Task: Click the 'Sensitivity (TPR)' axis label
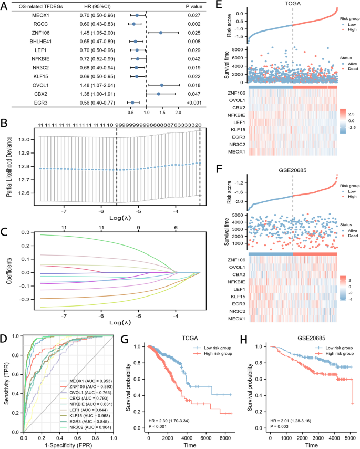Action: tap(7, 379)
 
